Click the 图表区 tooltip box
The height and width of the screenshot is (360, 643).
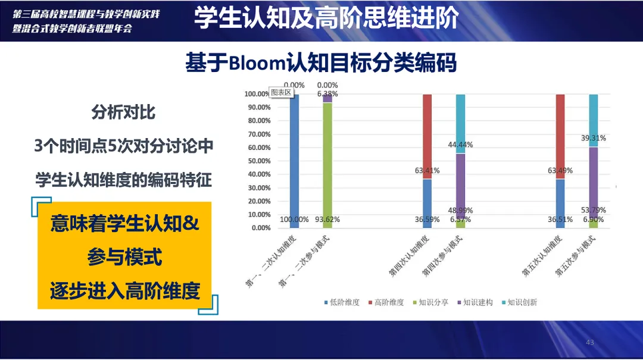[281, 92]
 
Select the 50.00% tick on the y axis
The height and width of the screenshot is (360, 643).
[259, 161]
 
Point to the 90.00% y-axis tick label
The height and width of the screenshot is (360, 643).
[259, 108]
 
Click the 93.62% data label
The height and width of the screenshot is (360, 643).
[327, 220]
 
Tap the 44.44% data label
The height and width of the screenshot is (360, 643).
[460, 145]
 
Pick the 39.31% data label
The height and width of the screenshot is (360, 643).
[593, 138]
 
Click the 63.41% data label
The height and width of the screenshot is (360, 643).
[427, 171]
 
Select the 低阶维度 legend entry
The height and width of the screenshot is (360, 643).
[342, 303]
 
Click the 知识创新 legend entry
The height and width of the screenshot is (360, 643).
[519, 303]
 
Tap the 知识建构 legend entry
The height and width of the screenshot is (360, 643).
[475, 303]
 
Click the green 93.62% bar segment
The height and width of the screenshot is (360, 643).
[327, 165]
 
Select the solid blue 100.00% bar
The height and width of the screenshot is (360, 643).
[294, 161]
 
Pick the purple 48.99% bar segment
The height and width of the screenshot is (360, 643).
[460, 187]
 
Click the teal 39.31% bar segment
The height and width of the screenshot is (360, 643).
[593, 121]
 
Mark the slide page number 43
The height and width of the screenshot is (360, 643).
[589, 342]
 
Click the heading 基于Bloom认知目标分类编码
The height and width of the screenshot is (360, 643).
[321, 62]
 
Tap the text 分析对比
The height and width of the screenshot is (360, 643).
[123, 112]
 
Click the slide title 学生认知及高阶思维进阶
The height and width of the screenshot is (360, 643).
[326, 18]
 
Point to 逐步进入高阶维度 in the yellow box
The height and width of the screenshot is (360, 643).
[125, 291]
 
